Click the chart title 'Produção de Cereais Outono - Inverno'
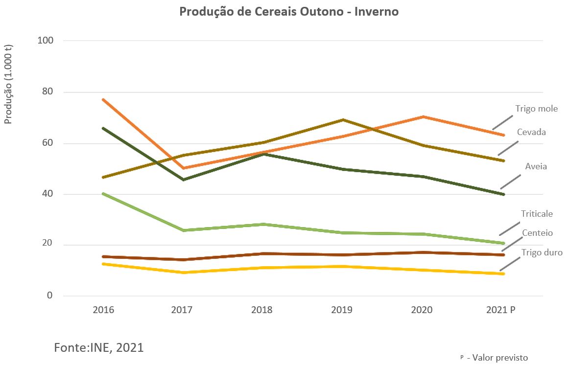289,12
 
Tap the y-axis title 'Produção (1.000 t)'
9,84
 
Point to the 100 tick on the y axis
45,40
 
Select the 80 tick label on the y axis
47,91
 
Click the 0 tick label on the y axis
50,296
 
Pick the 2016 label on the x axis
103,310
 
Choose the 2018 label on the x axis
262,310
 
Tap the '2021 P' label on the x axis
501,310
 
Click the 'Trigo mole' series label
536,109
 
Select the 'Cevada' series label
531,132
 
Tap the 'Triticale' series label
537,214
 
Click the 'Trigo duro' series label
542,252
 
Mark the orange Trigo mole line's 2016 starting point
103,99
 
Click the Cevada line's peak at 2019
343,119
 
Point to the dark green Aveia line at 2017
183,180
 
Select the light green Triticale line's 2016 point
103,194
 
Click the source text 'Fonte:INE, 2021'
98,347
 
